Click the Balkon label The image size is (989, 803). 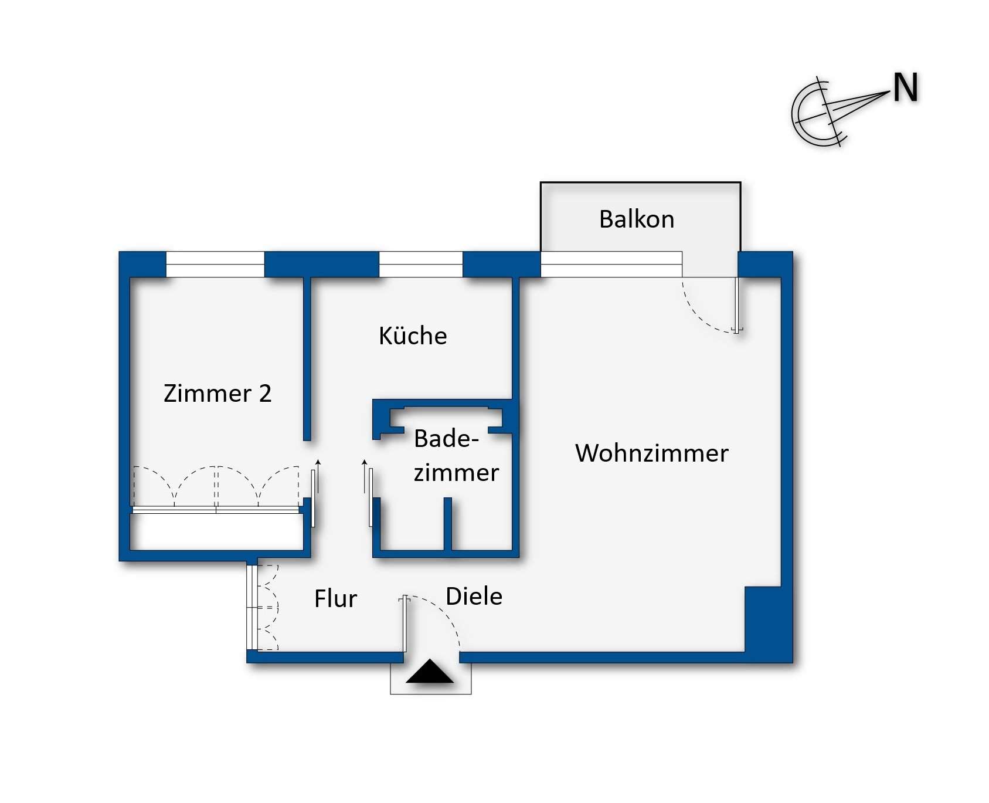637,219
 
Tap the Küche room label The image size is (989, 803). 413,336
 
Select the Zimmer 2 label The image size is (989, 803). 217,394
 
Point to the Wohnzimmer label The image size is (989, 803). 651,453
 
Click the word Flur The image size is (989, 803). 335,599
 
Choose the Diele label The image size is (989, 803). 474,597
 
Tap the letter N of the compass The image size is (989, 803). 905,89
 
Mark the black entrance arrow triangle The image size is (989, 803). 430,672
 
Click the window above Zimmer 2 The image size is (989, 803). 215,264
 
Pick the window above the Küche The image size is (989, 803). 421,264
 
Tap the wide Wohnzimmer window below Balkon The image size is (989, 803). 611,264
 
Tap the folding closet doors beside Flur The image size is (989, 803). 264,608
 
